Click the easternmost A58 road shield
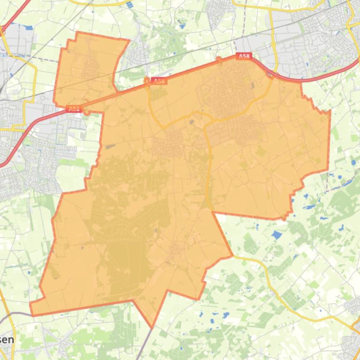tap(245, 56)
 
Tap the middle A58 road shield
tap(159, 81)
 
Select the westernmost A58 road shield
tap(73, 109)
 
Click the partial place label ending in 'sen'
tap(7, 340)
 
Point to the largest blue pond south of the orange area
tap(277, 235)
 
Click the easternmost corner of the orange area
tap(330, 111)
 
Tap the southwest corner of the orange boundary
tap(31, 314)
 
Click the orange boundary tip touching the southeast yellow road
tap(232, 256)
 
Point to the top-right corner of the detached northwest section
tap(129, 40)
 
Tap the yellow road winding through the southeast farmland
tap(281, 295)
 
